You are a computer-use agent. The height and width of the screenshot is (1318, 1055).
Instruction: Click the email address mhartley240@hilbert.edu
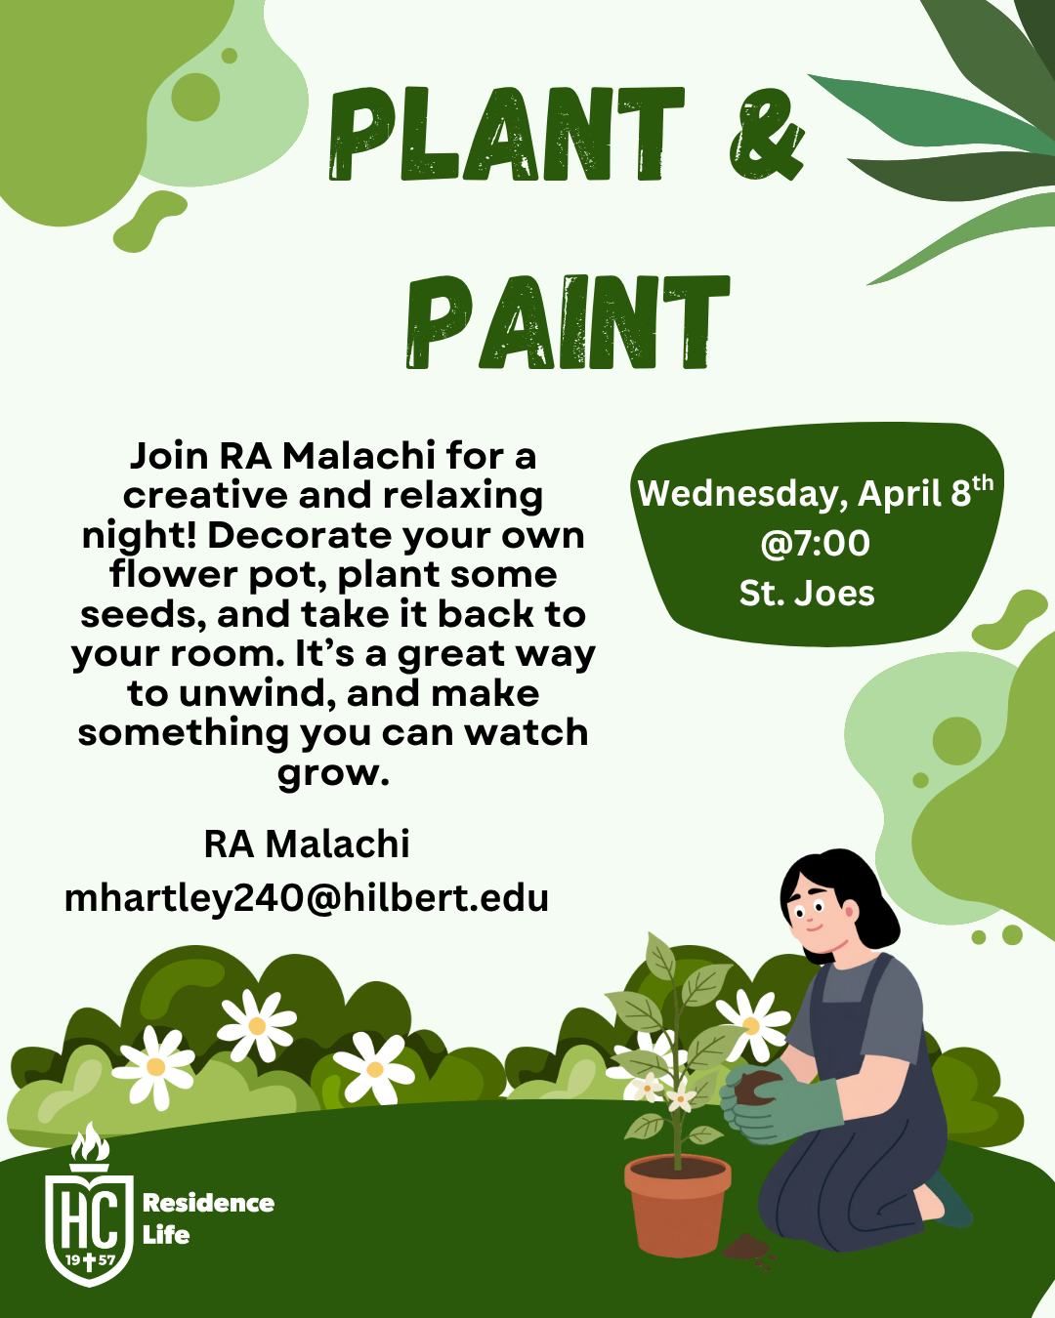pos(306,898)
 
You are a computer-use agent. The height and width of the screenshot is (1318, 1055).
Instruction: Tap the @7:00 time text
pos(815,543)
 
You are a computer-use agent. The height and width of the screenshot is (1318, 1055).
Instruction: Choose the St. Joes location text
pos(807,594)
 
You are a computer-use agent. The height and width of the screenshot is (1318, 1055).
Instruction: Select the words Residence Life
pos(208,1218)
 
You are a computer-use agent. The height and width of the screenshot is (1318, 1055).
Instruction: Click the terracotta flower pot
pos(677,1206)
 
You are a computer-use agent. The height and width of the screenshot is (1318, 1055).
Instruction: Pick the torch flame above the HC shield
pos(90,1140)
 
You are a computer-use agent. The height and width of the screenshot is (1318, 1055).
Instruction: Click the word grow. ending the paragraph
pos(333,773)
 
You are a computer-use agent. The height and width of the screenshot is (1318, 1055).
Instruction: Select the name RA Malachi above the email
pos(306,844)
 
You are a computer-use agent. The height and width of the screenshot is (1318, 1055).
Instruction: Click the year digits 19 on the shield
pos(72,1259)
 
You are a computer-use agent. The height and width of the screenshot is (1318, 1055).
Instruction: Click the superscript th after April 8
pos(983,482)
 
